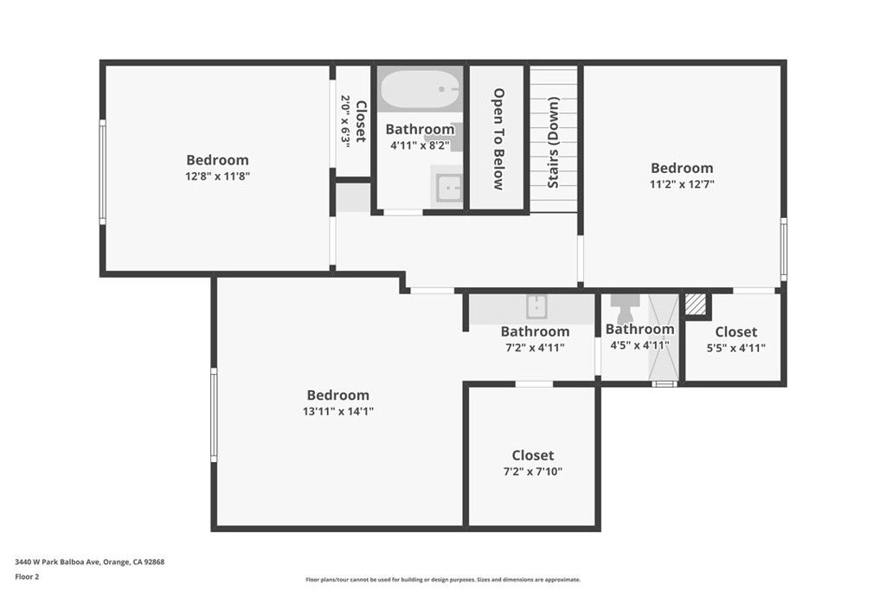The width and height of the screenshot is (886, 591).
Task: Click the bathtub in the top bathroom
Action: pyautogui.click(x=420, y=90)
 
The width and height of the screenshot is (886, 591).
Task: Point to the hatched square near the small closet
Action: pyautogui.click(x=696, y=305)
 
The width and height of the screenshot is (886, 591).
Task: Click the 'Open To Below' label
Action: pyautogui.click(x=498, y=138)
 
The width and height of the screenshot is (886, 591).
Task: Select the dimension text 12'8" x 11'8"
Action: pyautogui.click(x=217, y=176)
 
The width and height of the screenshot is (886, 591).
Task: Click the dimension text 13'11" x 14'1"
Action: pyautogui.click(x=337, y=411)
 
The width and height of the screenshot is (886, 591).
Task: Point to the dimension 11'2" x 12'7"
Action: pyautogui.click(x=682, y=183)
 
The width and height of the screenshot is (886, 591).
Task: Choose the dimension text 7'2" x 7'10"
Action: pyautogui.click(x=532, y=472)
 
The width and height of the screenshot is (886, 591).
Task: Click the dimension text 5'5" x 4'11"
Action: pyautogui.click(x=735, y=348)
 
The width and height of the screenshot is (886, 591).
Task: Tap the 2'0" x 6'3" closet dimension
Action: pyautogui.click(x=345, y=120)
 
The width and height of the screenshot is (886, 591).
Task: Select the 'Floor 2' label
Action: pyautogui.click(x=27, y=575)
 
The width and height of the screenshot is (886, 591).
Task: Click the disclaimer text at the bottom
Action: pyautogui.click(x=442, y=580)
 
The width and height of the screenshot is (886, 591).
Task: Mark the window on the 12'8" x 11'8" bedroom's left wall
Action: pyautogui.click(x=102, y=172)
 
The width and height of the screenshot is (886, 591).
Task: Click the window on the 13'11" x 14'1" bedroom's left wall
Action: pyautogui.click(x=214, y=414)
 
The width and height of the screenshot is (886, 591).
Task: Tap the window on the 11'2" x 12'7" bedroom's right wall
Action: pyautogui.click(x=783, y=248)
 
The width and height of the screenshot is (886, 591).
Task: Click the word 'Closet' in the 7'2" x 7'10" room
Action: pyautogui.click(x=532, y=455)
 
